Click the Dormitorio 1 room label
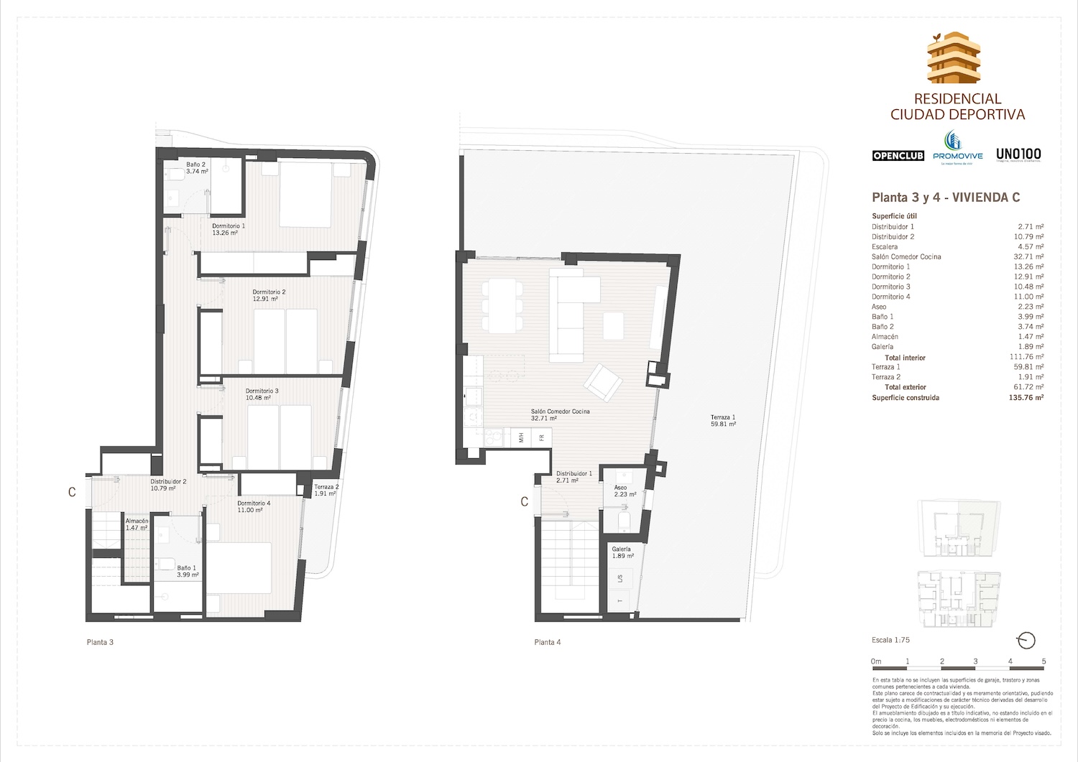tap(228, 229)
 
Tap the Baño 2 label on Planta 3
tap(197, 168)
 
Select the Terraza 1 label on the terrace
tap(723, 421)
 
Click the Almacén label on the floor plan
tap(137, 524)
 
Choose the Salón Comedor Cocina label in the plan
tap(560, 414)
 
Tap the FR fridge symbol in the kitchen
tap(541, 437)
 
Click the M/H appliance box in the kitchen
tap(520, 437)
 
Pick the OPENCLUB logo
tap(898, 156)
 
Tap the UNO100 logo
tap(1018, 154)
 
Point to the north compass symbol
tap(1027, 640)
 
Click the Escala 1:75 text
tap(890, 640)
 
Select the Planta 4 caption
tap(548, 642)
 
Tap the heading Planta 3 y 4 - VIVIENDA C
tap(946, 198)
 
